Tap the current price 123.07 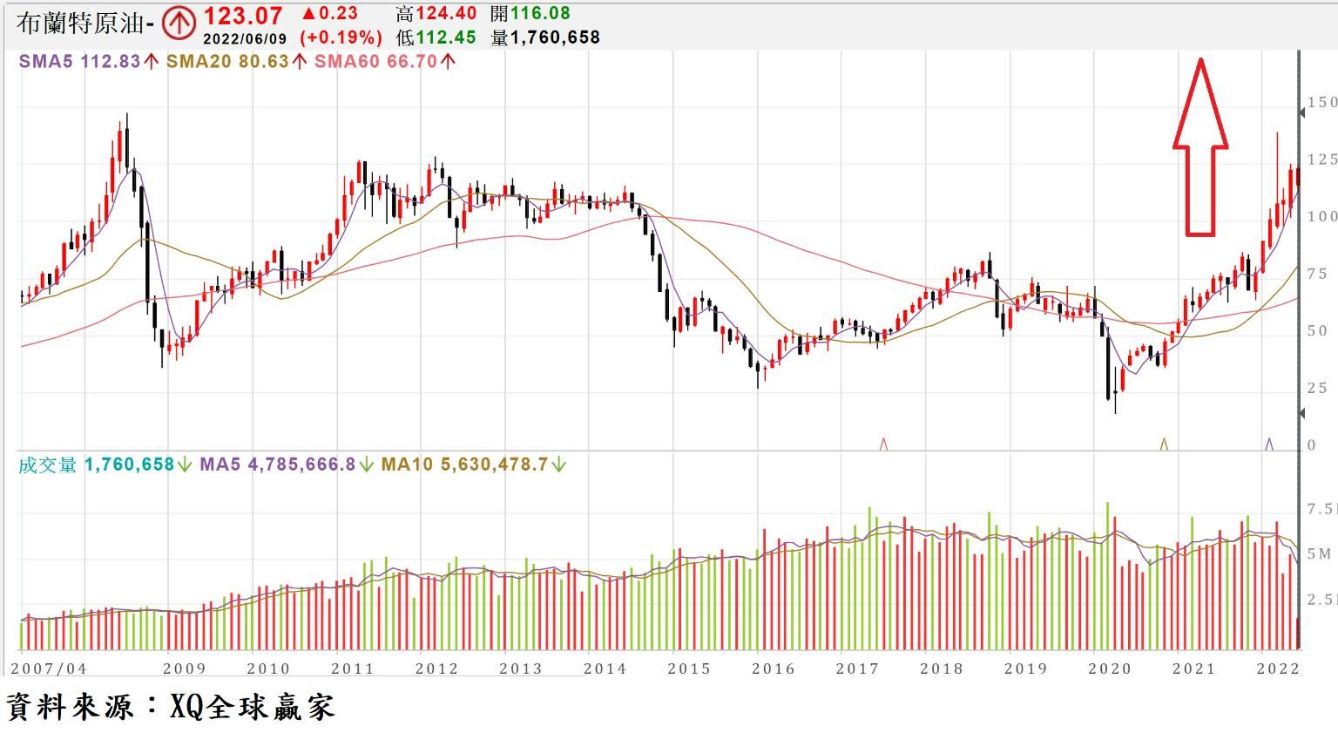tap(243, 16)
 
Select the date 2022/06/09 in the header tap(244, 38)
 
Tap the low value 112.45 tap(445, 37)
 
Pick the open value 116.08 tap(541, 14)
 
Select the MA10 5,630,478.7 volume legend tap(472, 465)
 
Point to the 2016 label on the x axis tap(774, 669)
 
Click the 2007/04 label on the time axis tap(49, 669)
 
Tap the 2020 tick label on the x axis tap(1110, 669)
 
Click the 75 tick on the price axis tap(1317, 274)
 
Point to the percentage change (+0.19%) tap(341, 37)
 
